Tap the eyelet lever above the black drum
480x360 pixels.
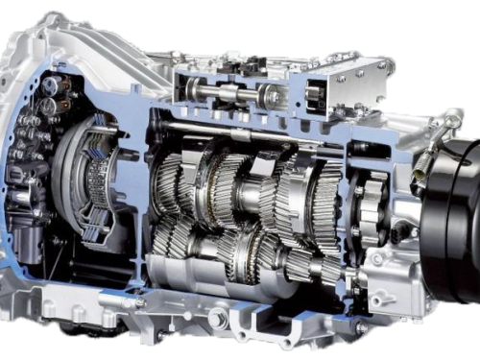(443, 124)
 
